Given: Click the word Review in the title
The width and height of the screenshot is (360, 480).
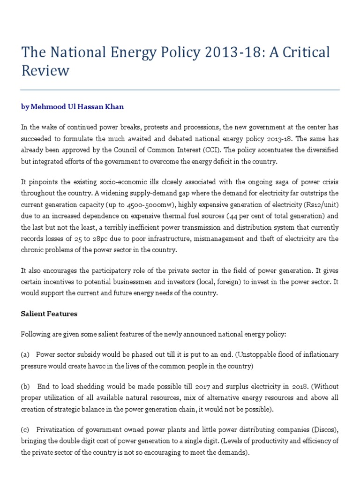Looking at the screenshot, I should pyautogui.click(x=45, y=71).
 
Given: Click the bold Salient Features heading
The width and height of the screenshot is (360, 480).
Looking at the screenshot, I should pyautogui.click(x=49, y=314).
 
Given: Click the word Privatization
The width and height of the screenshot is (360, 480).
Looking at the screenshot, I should pyautogui.click(x=55, y=431).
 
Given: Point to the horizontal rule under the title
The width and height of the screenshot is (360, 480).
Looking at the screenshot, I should pyautogui.click(x=180, y=90).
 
